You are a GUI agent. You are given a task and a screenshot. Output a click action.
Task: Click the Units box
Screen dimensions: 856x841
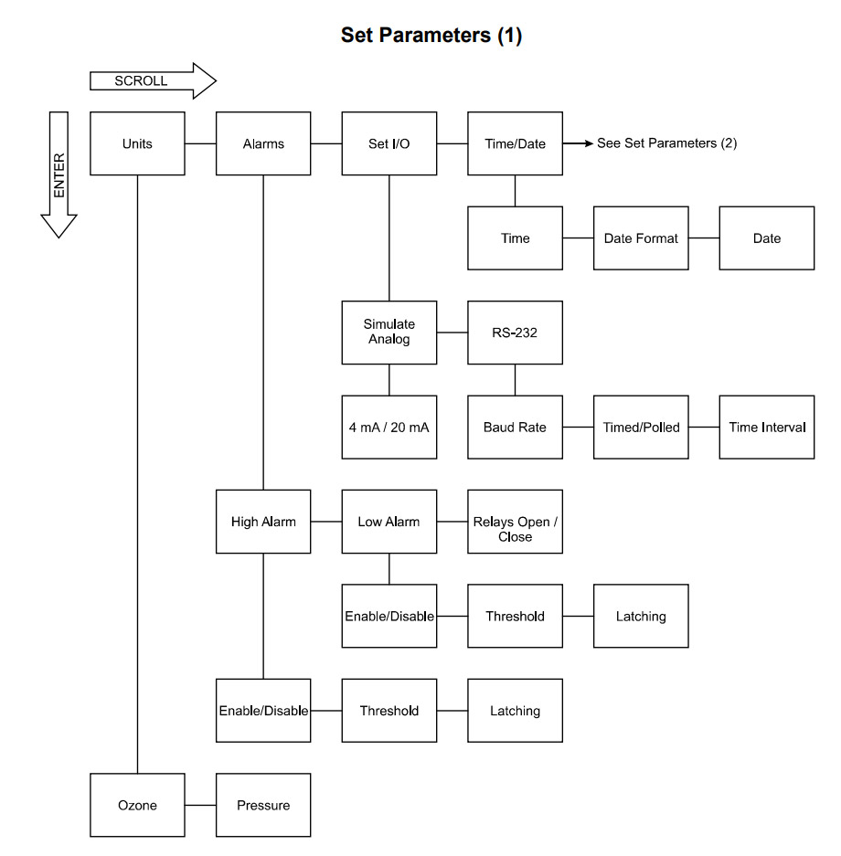(x=137, y=143)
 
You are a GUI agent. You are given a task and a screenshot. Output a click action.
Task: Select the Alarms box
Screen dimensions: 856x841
(x=263, y=143)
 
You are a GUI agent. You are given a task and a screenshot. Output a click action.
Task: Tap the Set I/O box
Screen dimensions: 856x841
(x=389, y=143)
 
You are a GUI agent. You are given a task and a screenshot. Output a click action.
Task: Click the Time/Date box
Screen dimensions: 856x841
(x=515, y=143)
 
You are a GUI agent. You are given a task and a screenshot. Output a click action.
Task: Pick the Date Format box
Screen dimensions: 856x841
(x=641, y=238)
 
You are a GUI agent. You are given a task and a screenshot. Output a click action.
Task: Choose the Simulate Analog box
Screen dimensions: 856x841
(x=389, y=333)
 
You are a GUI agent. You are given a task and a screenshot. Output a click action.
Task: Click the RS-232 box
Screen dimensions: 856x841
(x=515, y=333)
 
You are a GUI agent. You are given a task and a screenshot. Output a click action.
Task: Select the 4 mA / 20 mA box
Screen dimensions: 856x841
(x=389, y=427)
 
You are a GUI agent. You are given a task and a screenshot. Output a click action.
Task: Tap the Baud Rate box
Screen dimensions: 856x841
(x=515, y=427)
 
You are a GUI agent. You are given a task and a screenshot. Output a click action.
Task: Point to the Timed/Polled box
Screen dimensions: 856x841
(x=641, y=427)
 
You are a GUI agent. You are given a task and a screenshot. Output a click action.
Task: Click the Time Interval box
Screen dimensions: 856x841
(x=767, y=427)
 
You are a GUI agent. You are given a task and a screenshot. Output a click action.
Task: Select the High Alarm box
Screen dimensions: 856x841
(x=263, y=522)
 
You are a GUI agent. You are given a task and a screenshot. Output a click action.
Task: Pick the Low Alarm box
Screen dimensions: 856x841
(x=389, y=522)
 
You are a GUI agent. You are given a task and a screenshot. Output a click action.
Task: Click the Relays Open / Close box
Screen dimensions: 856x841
(x=515, y=529)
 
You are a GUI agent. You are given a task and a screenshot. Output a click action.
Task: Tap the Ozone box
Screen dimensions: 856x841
(x=137, y=805)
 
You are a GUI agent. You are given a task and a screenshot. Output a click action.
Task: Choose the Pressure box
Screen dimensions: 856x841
(x=263, y=805)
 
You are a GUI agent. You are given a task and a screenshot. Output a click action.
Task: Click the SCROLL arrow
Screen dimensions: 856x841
(x=152, y=81)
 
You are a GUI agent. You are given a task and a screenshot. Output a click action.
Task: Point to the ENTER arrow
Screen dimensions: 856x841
(x=59, y=174)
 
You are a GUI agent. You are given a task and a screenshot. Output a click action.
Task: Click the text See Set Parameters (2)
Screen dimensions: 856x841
(x=666, y=143)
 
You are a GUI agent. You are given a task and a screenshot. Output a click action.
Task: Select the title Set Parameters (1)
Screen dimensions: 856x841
(x=431, y=36)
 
